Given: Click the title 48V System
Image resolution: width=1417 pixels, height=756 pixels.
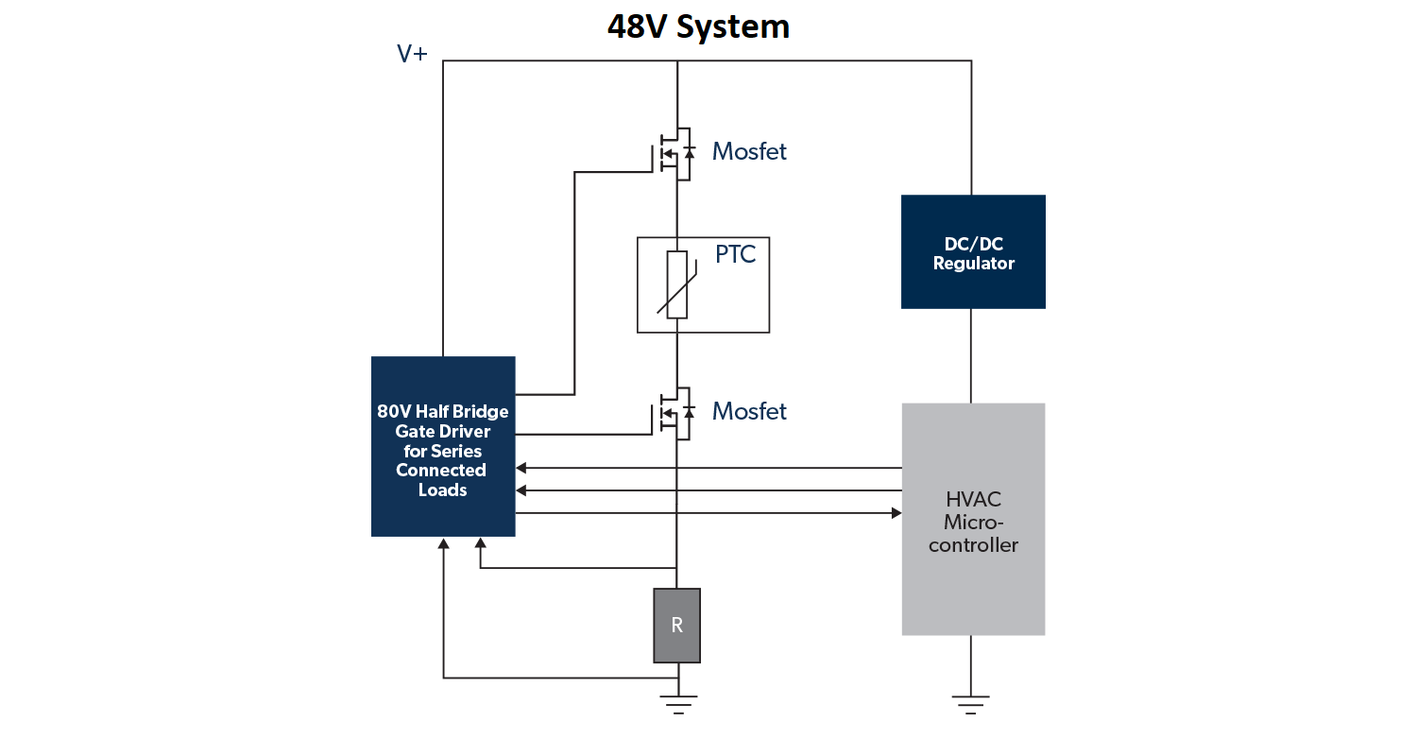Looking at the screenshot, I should tap(698, 26).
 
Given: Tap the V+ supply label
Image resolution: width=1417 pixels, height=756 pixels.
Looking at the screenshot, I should tap(412, 54).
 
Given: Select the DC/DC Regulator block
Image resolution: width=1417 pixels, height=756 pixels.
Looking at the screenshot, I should tap(973, 251).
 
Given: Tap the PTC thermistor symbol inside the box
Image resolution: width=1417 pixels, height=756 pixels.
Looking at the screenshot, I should tap(676, 284).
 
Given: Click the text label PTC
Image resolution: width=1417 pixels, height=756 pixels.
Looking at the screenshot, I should tap(735, 254).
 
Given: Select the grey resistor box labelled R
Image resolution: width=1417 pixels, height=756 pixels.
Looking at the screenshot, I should tap(676, 626).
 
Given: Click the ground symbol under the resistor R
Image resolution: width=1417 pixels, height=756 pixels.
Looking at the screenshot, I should tap(677, 704).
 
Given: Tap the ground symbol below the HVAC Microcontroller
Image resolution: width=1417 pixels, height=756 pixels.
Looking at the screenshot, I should tap(971, 704).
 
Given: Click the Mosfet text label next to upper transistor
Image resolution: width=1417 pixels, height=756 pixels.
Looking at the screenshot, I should tap(749, 151).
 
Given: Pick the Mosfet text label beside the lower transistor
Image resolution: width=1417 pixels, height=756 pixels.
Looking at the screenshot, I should tap(749, 411).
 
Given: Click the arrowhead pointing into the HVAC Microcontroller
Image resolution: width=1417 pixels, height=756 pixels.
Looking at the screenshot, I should tap(896, 513).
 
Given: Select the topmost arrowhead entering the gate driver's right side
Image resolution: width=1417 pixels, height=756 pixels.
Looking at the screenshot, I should tap(521, 468).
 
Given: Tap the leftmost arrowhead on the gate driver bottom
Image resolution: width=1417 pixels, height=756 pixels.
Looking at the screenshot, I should tap(443, 543).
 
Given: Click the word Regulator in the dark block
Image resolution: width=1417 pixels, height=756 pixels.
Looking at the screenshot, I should tap(973, 264).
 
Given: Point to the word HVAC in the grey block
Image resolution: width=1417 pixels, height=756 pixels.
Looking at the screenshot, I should tap(973, 500).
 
